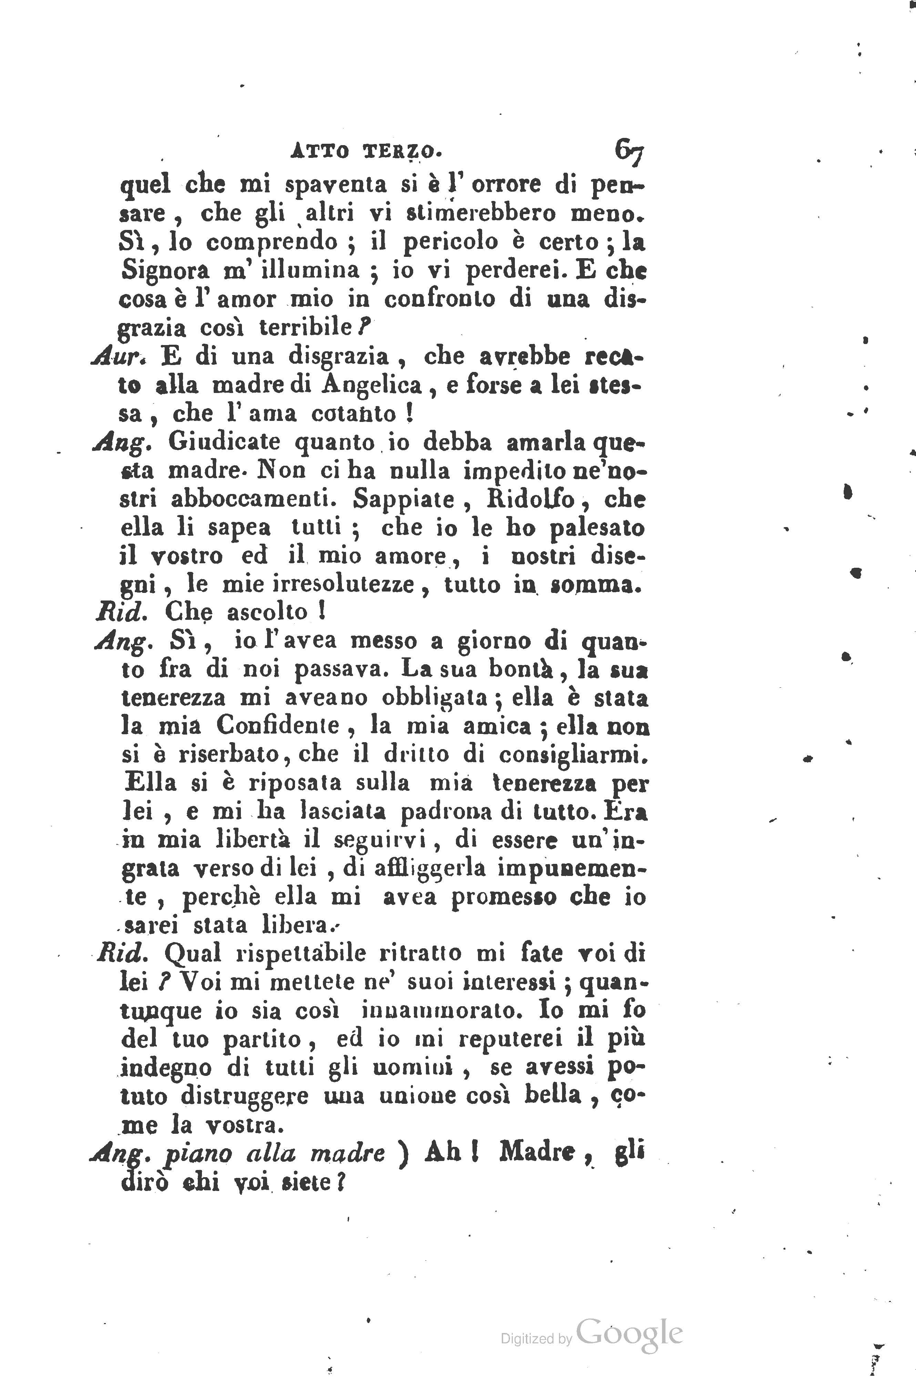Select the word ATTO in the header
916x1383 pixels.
pyautogui.click(x=319, y=152)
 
